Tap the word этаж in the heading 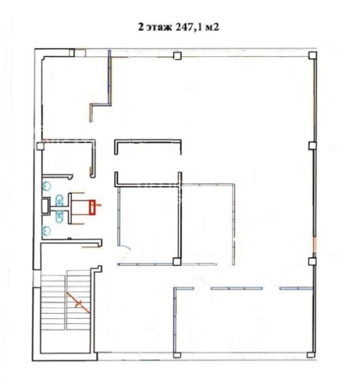pyautogui.click(x=159, y=28)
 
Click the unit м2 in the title pyautogui.click(x=212, y=27)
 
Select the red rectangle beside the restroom pyautogui.click(x=92, y=207)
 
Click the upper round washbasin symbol pyautogui.click(x=46, y=186)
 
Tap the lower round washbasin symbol pyautogui.click(x=46, y=230)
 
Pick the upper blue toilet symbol pyautogui.click(x=59, y=200)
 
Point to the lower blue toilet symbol pyautogui.click(x=59, y=216)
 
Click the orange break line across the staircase pyautogui.click(x=78, y=303)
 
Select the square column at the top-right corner pyautogui.click(x=313, y=55)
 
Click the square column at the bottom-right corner pyautogui.click(x=311, y=355)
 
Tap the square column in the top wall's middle pyautogui.click(x=177, y=56)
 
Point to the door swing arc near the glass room pyautogui.click(x=127, y=247)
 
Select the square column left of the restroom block pyautogui.click(x=40, y=146)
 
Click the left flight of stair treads pyautogui.click(x=53, y=303)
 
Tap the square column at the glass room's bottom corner pyautogui.click(x=176, y=262)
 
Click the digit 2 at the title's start pyautogui.click(x=141, y=27)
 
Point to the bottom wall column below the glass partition pyautogui.click(x=177, y=355)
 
